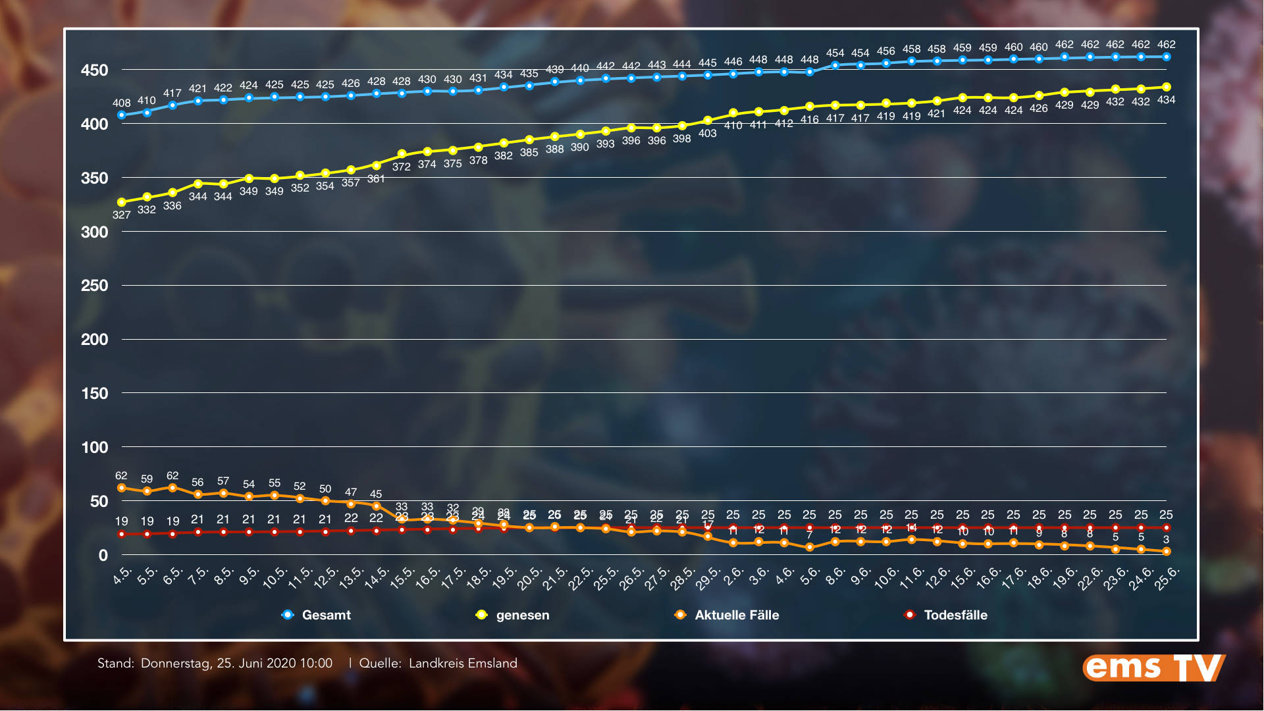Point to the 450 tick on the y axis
(94, 70)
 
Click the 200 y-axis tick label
(94, 340)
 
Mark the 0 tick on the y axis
(103, 556)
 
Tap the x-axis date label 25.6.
(1167, 578)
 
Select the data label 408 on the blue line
(121, 103)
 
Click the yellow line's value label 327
(121, 215)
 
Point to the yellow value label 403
(707, 133)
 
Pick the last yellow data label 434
(1166, 100)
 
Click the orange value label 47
(351, 492)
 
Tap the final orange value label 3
(1166, 539)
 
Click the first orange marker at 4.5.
(121, 488)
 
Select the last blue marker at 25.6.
(1166, 57)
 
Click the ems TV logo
(1153, 668)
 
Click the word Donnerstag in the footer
(176, 664)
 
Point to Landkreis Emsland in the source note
(463, 664)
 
